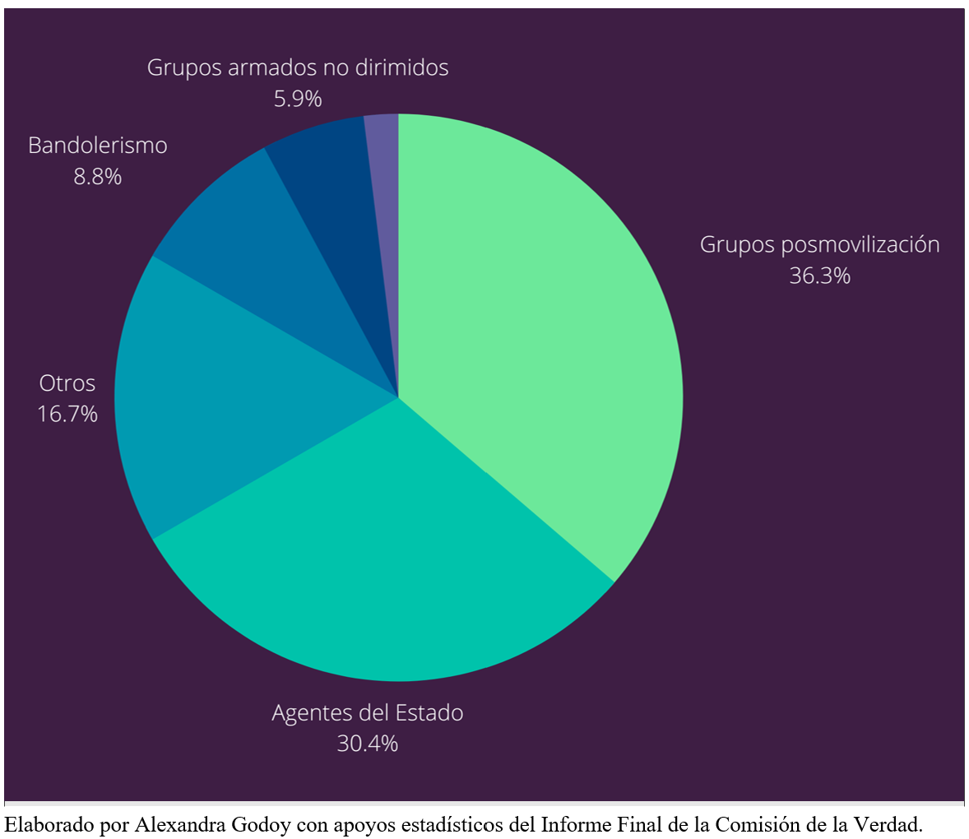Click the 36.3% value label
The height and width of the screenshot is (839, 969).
coord(819,276)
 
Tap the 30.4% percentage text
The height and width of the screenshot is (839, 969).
coord(367,744)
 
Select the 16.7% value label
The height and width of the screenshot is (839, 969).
coord(67,414)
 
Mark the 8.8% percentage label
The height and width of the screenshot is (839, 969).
coord(97,176)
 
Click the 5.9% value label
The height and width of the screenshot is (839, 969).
coord(298,99)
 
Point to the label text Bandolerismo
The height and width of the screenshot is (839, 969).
coord(97,146)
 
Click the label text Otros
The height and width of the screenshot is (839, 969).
coord(67,383)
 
